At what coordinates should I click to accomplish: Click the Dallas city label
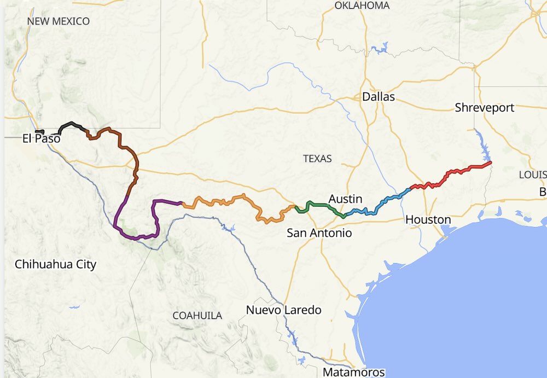point(378,97)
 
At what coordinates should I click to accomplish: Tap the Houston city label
point(428,219)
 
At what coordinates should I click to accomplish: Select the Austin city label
point(345,199)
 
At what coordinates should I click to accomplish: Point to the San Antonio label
point(319,233)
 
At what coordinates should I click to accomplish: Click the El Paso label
point(41,138)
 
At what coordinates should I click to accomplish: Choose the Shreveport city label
point(484,108)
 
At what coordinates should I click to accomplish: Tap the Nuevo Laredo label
point(283,310)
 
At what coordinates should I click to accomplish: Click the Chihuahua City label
point(55,265)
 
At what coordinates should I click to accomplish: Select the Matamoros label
point(353,373)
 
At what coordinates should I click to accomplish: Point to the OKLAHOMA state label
point(362,5)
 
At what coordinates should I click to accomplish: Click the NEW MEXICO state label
point(59,21)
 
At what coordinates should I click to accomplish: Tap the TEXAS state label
point(317,159)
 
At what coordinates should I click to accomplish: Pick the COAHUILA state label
point(197,316)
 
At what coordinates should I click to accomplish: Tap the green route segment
point(320,205)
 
